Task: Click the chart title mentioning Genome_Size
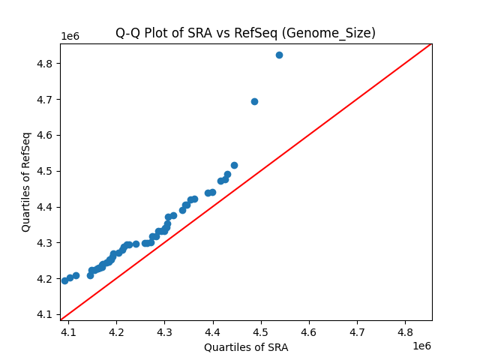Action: point(245,33)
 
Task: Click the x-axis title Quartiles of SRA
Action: point(246,347)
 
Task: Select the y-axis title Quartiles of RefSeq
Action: point(26,181)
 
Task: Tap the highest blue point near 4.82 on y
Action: point(279,55)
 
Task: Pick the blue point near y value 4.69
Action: point(254,101)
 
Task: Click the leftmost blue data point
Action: point(64,280)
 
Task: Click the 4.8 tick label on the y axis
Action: point(46,64)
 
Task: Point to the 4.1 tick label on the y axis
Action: point(46,315)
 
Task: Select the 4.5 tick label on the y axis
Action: point(46,171)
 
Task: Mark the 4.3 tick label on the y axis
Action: point(46,243)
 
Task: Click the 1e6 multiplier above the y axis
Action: point(70,37)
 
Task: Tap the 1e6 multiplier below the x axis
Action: point(421,345)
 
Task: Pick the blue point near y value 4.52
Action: point(234,165)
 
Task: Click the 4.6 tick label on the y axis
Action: point(46,136)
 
